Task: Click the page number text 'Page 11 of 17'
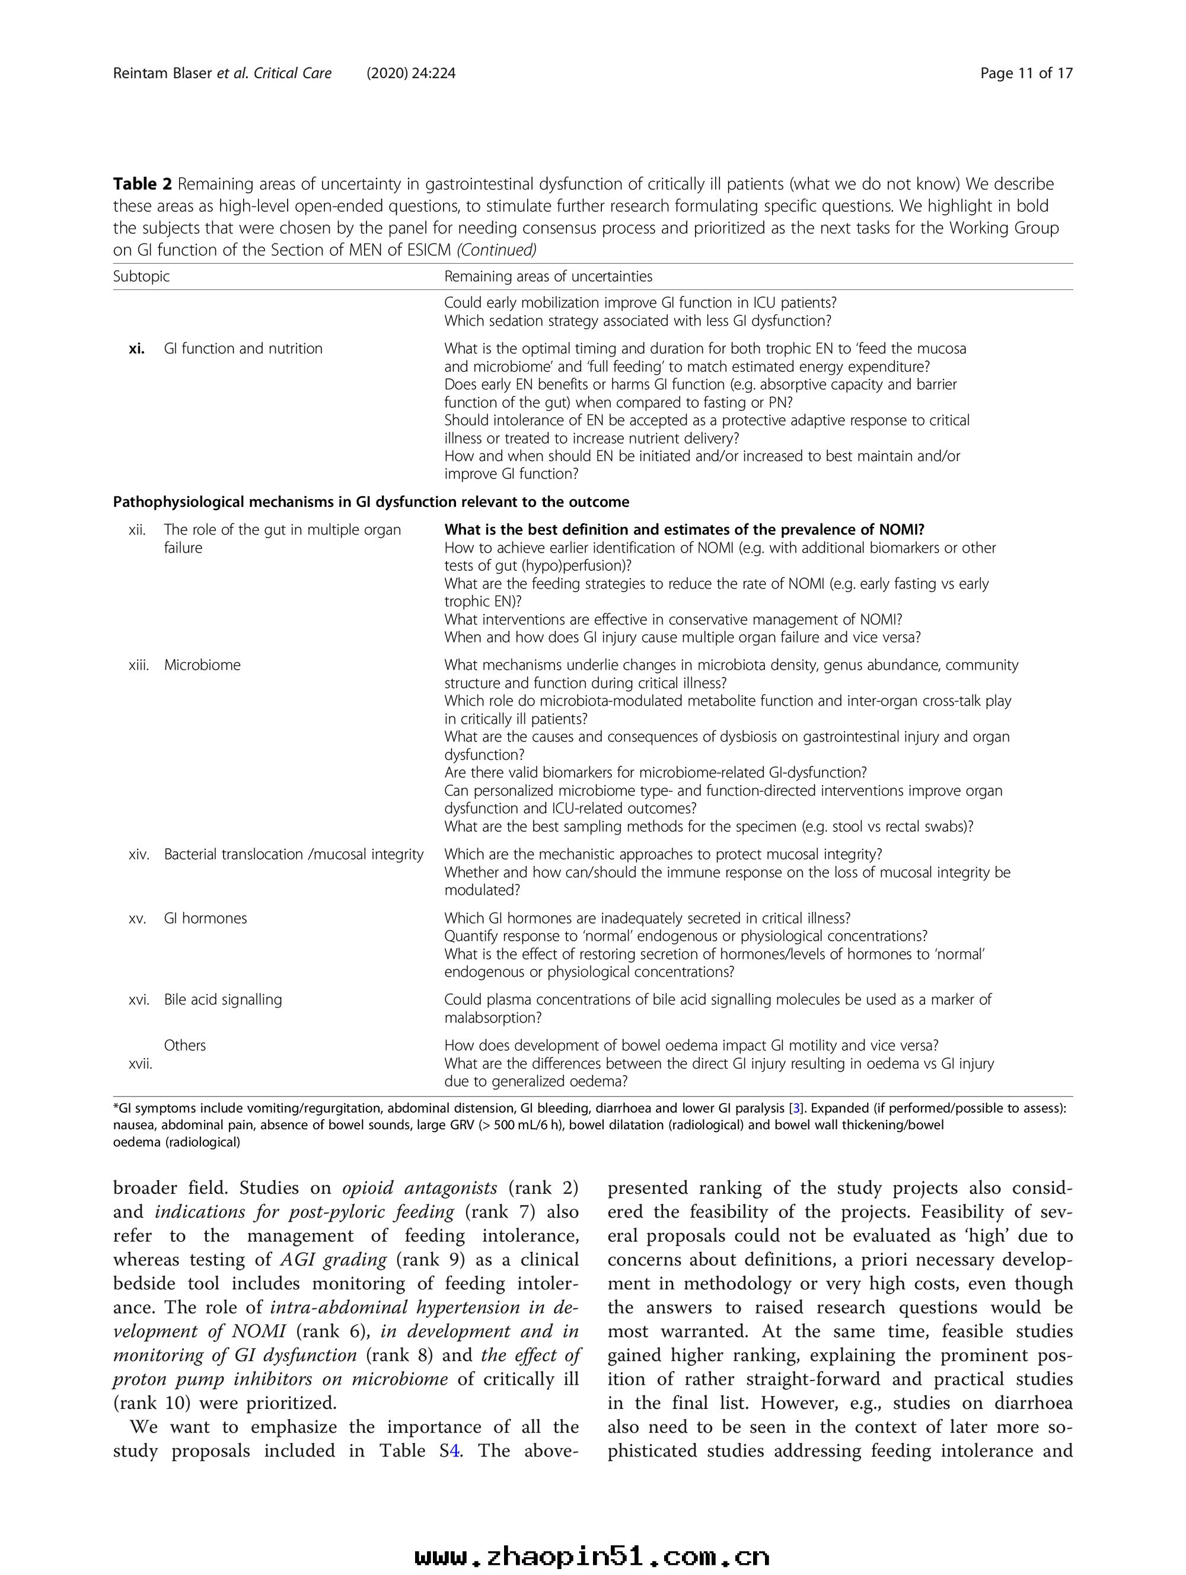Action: click(x=1026, y=74)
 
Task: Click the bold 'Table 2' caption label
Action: click(x=142, y=184)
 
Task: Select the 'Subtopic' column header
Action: click(x=141, y=276)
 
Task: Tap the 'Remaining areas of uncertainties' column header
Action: click(x=548, y=276)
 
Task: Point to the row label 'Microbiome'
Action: click(x=202, y=665)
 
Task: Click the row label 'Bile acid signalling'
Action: click(x=223, y=999)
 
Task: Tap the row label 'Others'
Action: click(x=184, y=1045)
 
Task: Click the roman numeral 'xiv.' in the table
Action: click(x=139, y=854)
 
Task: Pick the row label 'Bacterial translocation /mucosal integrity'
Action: click(x=294, y=854)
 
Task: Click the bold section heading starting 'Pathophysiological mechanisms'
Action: click(x=371, y=502)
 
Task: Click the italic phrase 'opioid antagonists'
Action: click(x=420, y=1189)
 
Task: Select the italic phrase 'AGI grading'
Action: click(x=333, y=1260)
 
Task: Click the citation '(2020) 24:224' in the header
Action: click(x=411, y=74)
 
